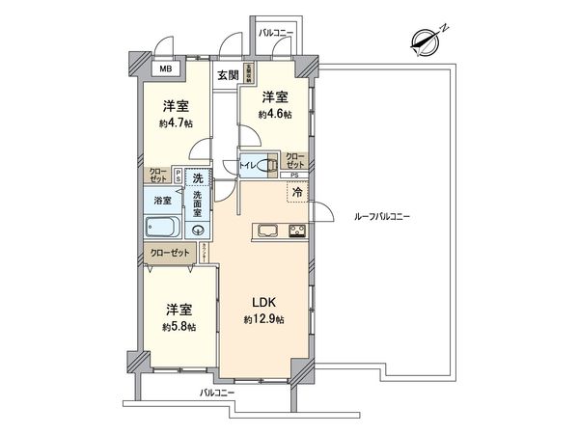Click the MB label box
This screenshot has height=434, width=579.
pos(165,69)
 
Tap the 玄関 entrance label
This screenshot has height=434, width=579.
pos(228,75)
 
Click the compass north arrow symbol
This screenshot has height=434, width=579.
pos(425,39)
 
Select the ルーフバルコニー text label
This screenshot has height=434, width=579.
pos(382,217)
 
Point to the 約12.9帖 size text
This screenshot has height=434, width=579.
pos(261,319)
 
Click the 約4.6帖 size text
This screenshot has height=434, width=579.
pos(275,114)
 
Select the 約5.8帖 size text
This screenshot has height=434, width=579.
pos(179,327)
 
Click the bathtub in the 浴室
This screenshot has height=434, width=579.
pos(163,229)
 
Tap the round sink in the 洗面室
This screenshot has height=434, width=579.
pos(198,230)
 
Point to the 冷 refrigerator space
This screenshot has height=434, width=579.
pos(298,192)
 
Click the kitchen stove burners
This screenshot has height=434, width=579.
pos(296,231)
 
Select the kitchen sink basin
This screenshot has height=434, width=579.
pos(267,231)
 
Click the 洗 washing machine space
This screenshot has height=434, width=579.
pos(198,178)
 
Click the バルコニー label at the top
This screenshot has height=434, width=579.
pos(276,34)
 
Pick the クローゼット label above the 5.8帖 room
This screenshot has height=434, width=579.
pos(169,254)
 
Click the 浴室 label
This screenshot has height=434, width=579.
pos(163,201)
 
